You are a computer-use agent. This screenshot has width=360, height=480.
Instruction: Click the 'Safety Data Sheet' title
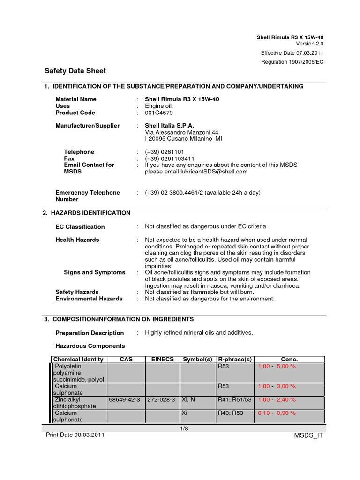point(75,71)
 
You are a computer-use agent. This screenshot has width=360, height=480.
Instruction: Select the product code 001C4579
point(159,112)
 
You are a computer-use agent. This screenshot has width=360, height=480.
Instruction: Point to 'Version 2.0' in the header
point(309,44)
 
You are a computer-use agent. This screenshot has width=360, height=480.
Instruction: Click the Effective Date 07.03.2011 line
point(292,53)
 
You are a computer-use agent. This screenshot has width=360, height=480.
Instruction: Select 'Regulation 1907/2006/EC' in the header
point(292,62)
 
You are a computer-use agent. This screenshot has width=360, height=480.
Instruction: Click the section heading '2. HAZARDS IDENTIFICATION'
point(87,213)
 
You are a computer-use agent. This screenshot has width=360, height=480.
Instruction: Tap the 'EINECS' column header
point(163,360)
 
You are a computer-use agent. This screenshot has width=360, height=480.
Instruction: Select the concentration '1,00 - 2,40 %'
point(277,399)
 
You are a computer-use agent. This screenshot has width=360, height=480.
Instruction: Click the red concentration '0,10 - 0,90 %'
point(277,413)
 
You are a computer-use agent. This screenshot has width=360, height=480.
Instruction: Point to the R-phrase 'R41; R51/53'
point(235,399)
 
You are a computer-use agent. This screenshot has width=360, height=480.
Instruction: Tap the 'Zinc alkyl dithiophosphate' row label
point(75,403)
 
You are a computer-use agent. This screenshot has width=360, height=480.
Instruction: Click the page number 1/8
point(184,428)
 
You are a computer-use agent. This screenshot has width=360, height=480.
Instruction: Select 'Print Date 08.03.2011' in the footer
point(75,435)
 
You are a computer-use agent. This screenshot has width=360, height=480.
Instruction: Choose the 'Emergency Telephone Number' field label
point(88,195)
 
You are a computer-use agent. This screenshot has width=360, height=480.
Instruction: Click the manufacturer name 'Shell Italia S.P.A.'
point(169,126)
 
